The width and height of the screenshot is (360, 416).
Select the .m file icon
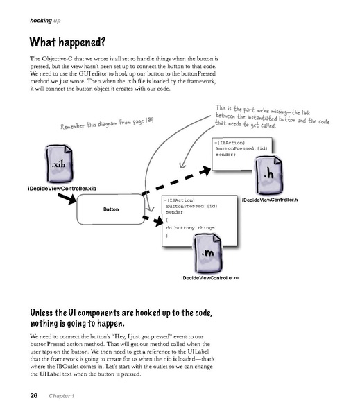point(209,253)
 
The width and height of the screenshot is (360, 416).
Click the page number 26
point(33,395)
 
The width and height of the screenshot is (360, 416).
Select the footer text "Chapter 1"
point(62,395)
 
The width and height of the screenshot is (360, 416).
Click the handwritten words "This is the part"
point(236,108)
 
